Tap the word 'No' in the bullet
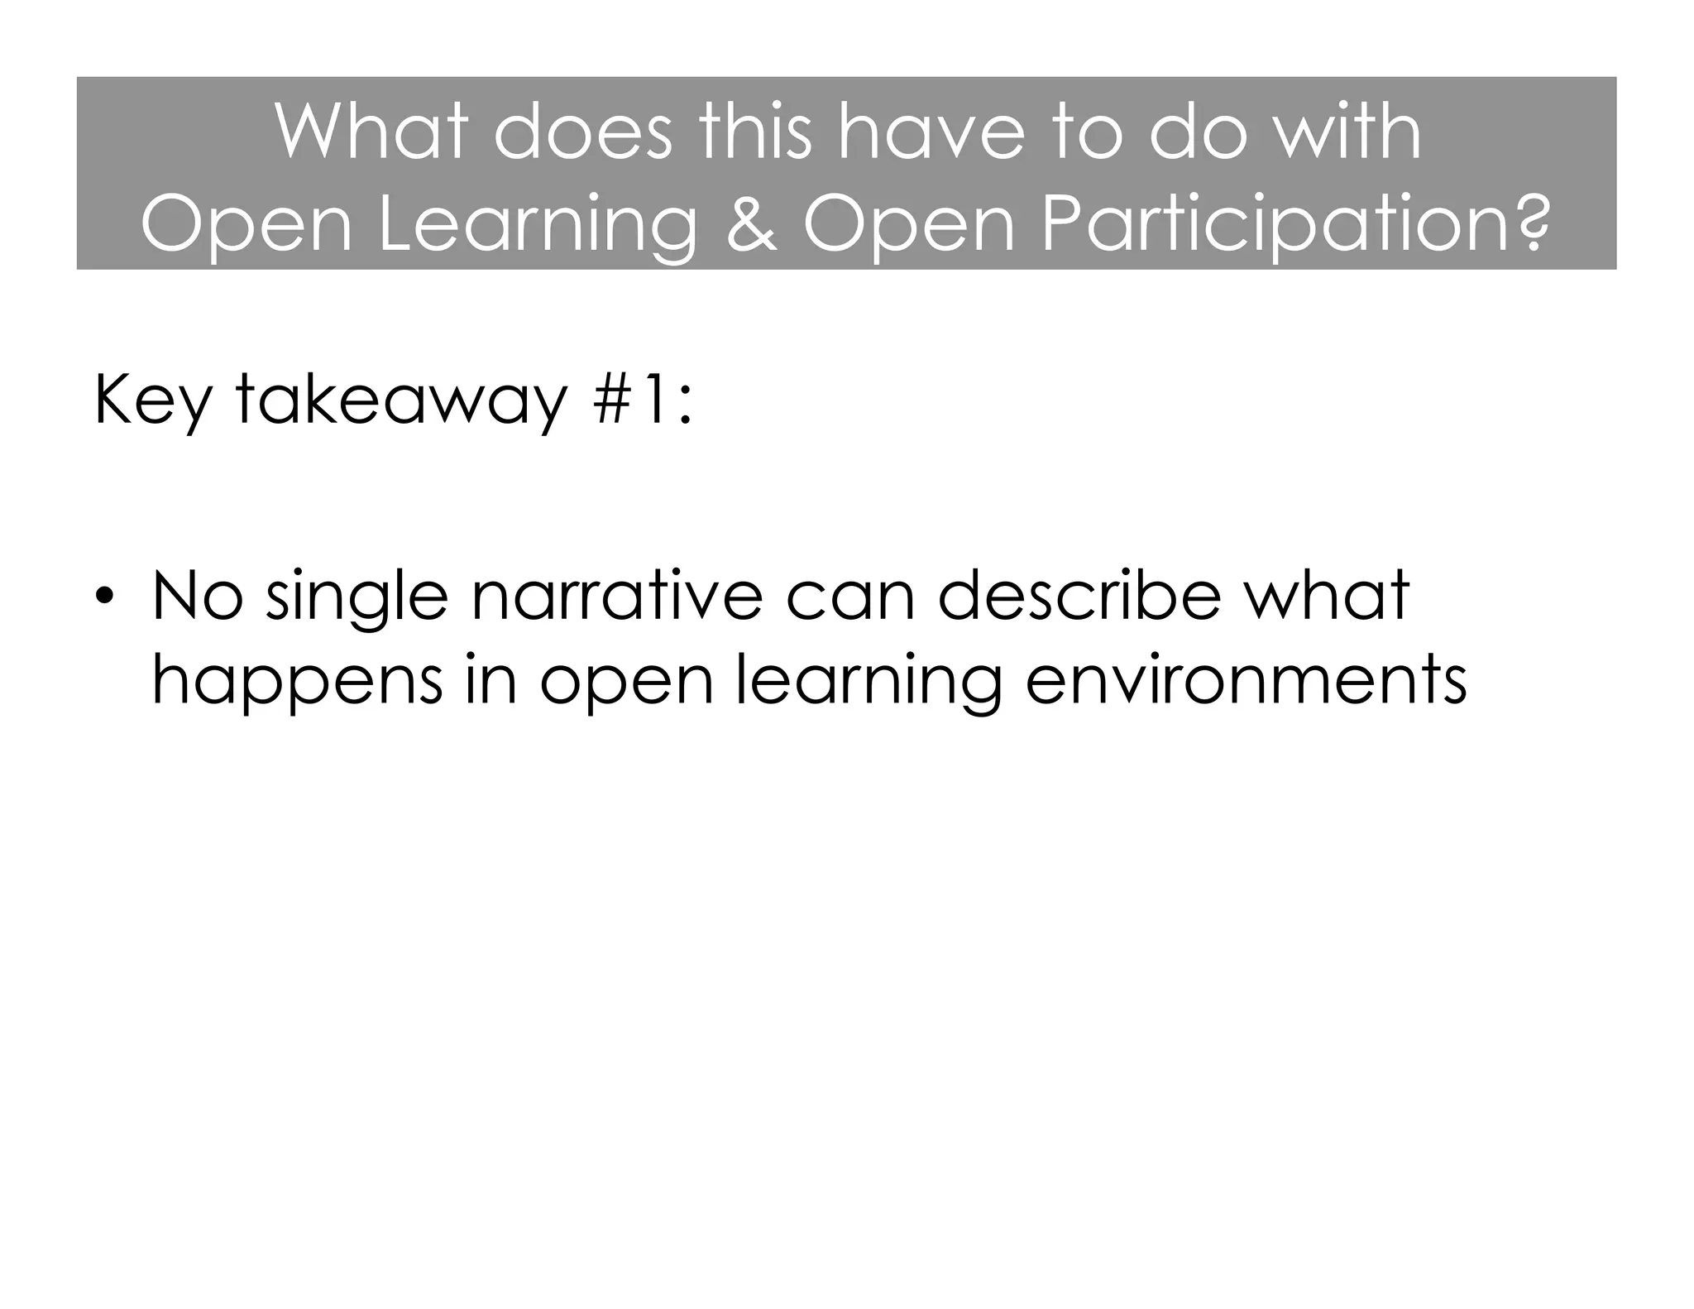tap(198, 596)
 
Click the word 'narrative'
tap(617, 596)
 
